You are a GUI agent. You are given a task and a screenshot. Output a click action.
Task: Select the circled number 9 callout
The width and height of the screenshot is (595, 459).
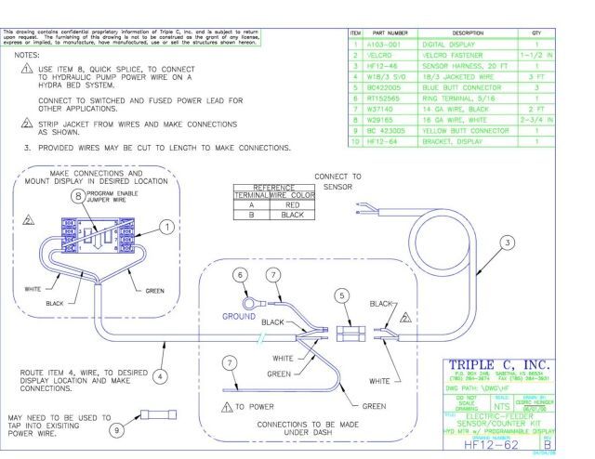116,430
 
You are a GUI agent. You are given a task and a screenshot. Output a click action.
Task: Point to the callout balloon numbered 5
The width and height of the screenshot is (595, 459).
342,295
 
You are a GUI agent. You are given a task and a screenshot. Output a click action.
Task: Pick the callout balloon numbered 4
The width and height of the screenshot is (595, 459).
160,377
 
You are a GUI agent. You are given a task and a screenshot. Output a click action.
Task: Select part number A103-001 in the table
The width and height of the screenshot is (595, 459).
383,42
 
